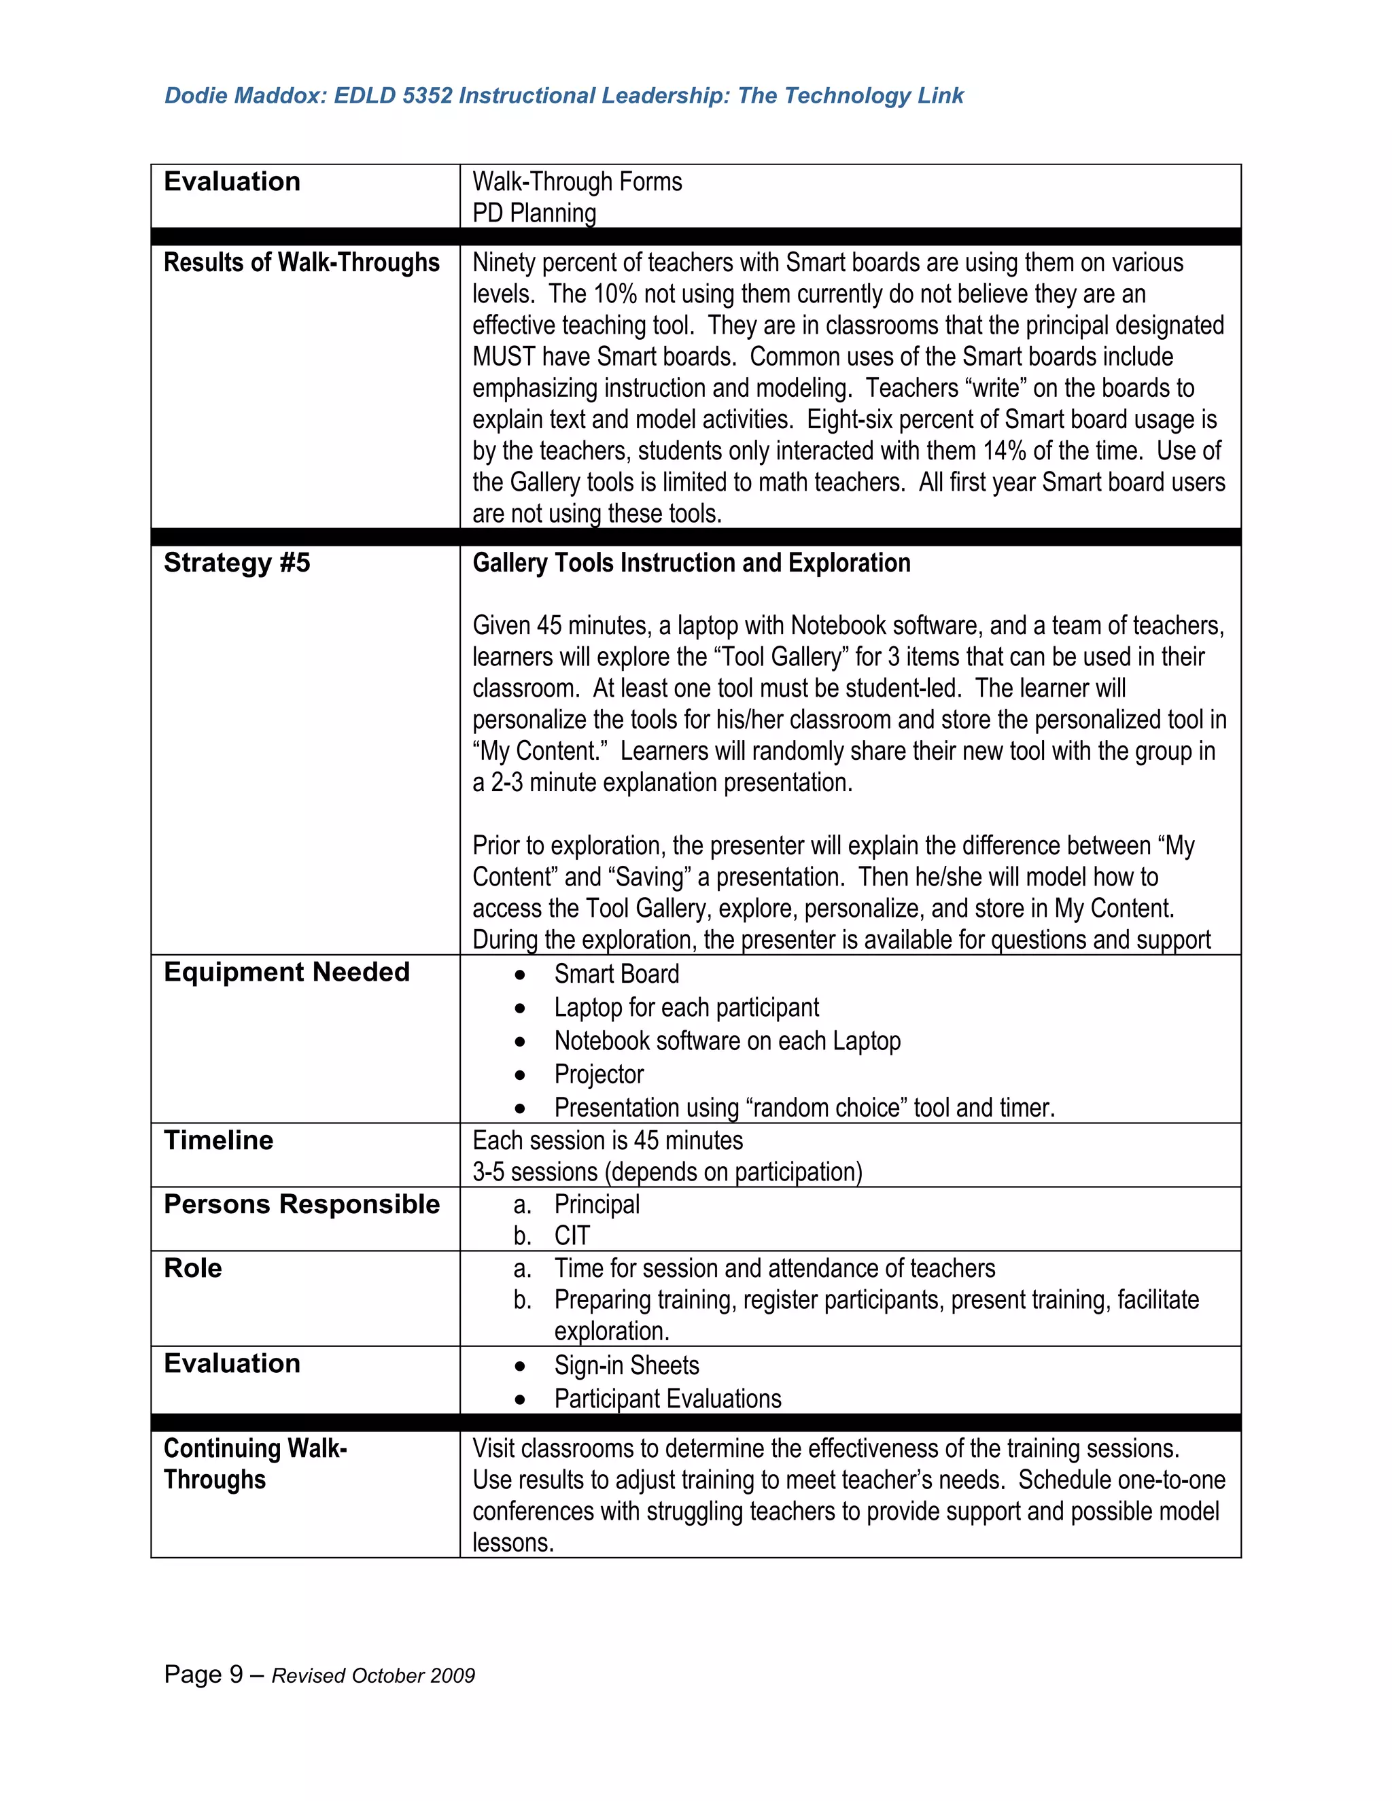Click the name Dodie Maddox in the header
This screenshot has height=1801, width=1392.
[244, 96]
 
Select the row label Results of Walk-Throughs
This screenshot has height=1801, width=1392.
[301, 262]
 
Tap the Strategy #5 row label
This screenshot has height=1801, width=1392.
[237, 563]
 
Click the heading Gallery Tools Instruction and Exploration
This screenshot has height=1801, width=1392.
[691, 563]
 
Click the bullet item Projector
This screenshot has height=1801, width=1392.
[599, 1074]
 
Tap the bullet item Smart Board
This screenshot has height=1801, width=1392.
[616, 974]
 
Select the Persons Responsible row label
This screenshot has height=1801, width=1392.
[301, 1204]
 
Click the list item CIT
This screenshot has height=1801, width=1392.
[572, 1236]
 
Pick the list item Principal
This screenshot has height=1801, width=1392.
[596, 1204]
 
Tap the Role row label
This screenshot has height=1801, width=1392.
[193, 1267]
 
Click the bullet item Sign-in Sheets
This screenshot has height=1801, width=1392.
[626, 1365]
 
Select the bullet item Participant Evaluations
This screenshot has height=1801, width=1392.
[667, 1399]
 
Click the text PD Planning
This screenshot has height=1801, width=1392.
[534, 213]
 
